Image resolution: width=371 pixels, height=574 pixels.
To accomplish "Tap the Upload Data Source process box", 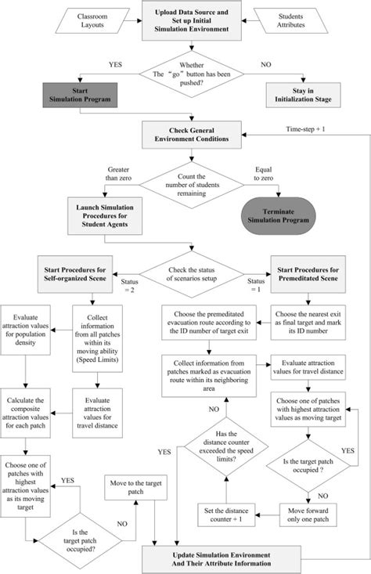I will click(185, 21).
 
